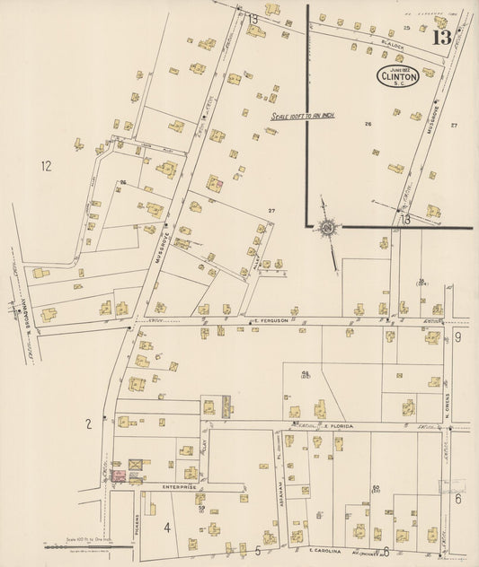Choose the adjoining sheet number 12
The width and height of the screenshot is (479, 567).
(46, 165)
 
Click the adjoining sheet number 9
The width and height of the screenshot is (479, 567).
(457, 337)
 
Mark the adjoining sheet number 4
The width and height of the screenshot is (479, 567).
(166, 527)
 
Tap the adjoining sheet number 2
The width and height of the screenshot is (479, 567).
(88, 424)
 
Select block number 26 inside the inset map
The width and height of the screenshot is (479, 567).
(368, 123)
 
